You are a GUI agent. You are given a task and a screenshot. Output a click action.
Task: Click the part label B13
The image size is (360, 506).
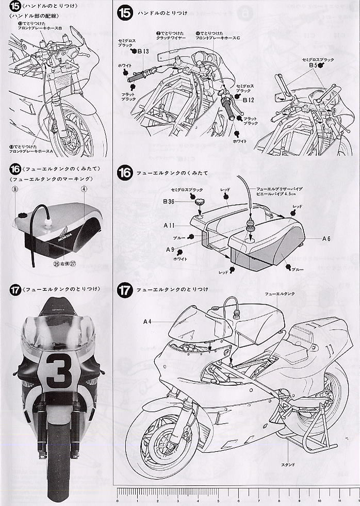(143, 52)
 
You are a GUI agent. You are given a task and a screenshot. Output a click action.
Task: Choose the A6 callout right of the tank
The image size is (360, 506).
(326, 239)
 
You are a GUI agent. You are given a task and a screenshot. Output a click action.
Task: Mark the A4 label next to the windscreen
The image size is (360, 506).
(147, 321)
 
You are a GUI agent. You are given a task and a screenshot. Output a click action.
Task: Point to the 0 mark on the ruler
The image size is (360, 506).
(118, 500)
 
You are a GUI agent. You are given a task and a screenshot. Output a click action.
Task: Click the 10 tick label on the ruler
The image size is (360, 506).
(319, 500)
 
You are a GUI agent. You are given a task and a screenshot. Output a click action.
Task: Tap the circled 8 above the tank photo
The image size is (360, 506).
(15, 190)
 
